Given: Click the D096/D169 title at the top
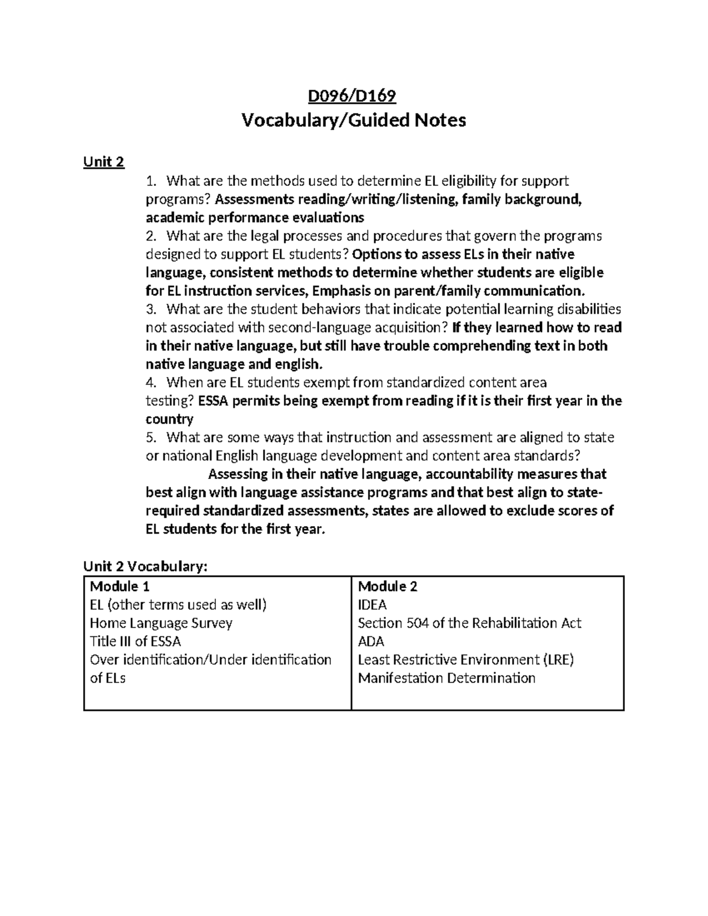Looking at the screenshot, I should pyautogui.click(x=353, y=96).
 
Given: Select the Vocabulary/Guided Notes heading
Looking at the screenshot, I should pyautogui.click(x=353, y=121).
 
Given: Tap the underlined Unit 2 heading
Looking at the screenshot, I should pyautogui.click(x=104, y=162).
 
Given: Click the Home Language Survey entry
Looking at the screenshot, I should pyautogui.click(x=161, y=623).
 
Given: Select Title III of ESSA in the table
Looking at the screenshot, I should pyautogui.click(x=135, y=641).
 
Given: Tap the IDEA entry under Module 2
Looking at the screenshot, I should pyautogui.click(x=372, y=605).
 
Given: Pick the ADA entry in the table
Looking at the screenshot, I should pyautogui.click(x=371, y=641).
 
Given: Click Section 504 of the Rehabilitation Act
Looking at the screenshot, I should pyautogui.click(x=470, y=623).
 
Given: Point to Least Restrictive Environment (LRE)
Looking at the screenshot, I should pyautogui.click(x=466, y=659).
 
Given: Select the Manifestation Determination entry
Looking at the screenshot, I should pyautogui.click(x=447, y=678).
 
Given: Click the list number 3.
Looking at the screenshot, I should pyautogui.click(x=151, y=309).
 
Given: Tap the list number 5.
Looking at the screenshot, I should pyautogui.click(x=151, y=438).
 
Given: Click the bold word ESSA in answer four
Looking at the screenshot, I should pyautogui.click(x=215, y=401).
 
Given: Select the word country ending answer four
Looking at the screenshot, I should pyautogui.click(x=169, y=419).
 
